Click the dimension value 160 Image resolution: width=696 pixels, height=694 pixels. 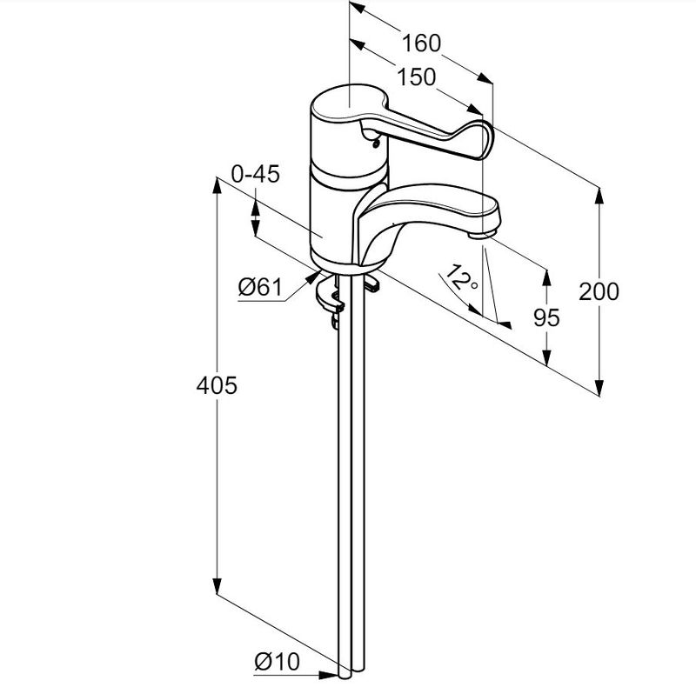click(x=422, y=43)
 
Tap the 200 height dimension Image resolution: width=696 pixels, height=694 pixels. click(x=599, y=292)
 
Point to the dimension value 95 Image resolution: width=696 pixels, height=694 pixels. click(x=546, y=317)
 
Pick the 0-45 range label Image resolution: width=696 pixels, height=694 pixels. click(x=255, y=175)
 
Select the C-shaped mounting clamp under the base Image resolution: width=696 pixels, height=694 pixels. click(x=329, y=296)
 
